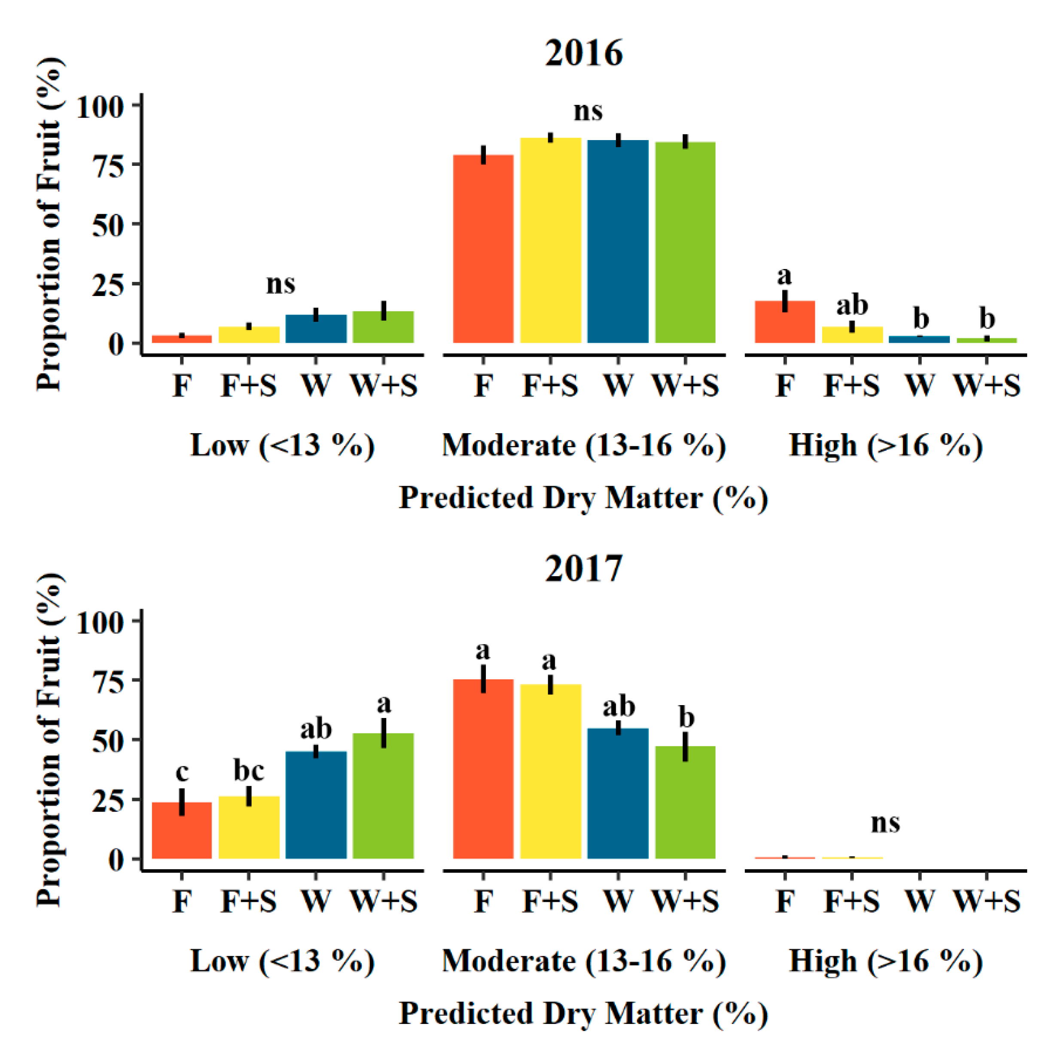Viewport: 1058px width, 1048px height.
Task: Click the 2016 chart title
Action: pyautogui.click(x=583, y=53)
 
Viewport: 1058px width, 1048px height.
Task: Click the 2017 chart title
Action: pyautogui.click(x=583, y=568)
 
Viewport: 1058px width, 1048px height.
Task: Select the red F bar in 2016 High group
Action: pyautogui.click(x=784, y=323)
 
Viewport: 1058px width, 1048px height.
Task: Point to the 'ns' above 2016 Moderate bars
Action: pyautogui.click(x=588, y=111)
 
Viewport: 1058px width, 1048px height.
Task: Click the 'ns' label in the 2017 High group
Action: pyautogui.click(x=885, y=823)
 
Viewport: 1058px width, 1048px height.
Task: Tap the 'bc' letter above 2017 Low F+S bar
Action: pyautogui.click(x=249, y=771)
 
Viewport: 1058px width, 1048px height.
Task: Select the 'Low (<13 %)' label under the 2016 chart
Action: pyautogui.click(x=282, y=446)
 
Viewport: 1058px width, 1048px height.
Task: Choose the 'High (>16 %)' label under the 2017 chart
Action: pyautogui.click(x=885, y=961)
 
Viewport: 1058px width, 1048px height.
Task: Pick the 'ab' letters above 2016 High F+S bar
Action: pyautogui.click(x=852, y=305)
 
